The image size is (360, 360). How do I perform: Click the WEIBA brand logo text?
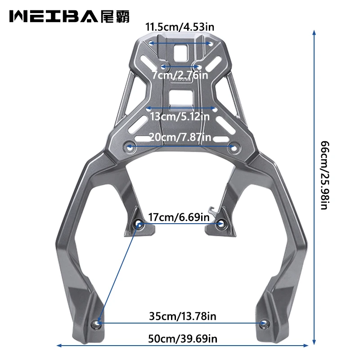(x=54, y=17)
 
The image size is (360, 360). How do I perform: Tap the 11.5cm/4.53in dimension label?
(x=180, y=27)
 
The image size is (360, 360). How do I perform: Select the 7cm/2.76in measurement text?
(x=180, y=75)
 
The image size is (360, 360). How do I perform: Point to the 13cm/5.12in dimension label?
(x=180, y=117)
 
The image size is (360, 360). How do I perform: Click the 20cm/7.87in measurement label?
(x=180, y=137)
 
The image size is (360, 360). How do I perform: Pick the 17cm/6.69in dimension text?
(x=179, y=217)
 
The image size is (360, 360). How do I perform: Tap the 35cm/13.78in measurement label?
(x=183, y=316)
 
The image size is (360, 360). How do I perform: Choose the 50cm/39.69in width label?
(x=183, y=339)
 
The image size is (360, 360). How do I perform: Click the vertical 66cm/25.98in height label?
(x=325, y=175)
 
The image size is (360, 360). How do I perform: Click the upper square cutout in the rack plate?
(x=181, y=53)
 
